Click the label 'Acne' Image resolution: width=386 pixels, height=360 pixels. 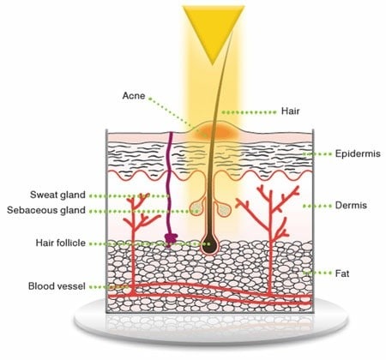coord(134,96)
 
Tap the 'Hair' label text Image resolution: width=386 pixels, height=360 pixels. coord(290,111)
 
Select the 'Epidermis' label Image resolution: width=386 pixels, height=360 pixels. coord(358,153)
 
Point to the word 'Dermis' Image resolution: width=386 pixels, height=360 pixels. coord(351,206)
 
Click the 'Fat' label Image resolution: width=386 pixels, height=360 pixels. coord(342,273)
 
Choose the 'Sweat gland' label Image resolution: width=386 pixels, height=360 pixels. coord(57,195)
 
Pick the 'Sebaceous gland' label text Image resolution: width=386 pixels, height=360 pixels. coord(46,210)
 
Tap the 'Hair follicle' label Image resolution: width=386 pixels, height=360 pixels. coord(61,243)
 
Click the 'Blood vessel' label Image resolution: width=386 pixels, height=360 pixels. coord(57,286)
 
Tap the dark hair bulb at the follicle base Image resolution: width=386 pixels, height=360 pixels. coord(210,243)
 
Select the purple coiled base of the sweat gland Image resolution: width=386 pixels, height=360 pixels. coord(171,239)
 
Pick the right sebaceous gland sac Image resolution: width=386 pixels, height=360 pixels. coord(223,209)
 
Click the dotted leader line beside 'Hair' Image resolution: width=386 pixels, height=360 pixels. coord(249,112)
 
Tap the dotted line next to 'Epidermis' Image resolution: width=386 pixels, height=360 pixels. coord(317,154)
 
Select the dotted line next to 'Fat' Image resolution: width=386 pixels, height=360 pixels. coord(317,273)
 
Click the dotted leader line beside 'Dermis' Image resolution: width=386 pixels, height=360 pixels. coord(317,206)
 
